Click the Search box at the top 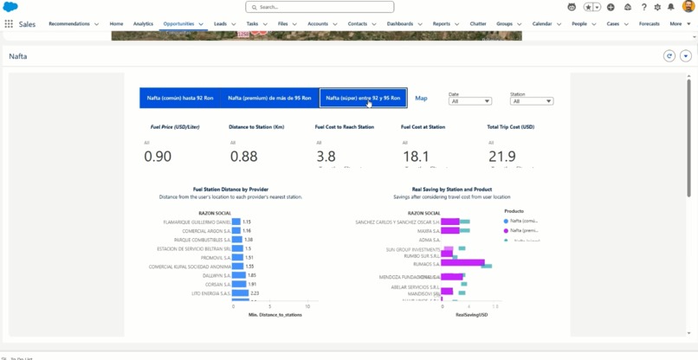319,7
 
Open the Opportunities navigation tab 178,24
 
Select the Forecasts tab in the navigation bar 649,24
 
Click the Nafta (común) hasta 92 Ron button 180,98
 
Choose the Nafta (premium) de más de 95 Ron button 269,98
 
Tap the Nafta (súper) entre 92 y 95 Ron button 363,98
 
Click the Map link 421,98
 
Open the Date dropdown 470,101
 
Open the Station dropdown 532,101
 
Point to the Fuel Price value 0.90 158,157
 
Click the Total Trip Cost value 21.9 501,157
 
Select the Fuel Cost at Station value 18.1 416,157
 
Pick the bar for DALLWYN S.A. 239,275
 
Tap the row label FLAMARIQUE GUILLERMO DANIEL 197,222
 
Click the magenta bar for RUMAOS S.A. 462,263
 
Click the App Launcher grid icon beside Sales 9,24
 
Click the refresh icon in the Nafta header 669,56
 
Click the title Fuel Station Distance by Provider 230,189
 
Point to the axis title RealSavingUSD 472,315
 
